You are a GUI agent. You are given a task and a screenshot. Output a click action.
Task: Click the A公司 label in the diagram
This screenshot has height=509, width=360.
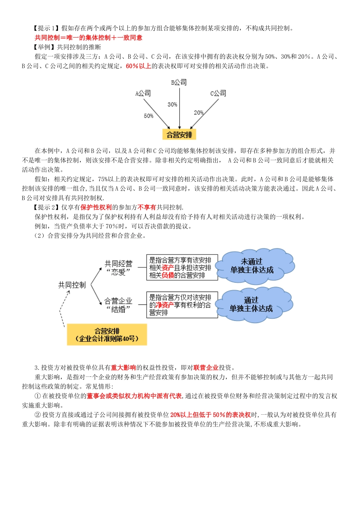tap(143, 93)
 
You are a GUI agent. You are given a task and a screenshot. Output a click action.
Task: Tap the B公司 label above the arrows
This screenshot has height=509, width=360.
tap(179, 82)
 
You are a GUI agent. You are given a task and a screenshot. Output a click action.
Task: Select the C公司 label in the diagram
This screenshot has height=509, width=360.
tap(218, 93)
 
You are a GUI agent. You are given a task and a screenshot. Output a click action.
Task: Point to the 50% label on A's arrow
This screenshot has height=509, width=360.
tap(149, 116)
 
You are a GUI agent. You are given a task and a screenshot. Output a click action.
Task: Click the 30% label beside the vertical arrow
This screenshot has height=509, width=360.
tap(172, 105)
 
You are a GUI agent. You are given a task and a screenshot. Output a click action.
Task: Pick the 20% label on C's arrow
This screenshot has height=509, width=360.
tap(199, 112)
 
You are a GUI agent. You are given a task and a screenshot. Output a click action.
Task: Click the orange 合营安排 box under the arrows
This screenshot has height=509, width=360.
tap(179, 134)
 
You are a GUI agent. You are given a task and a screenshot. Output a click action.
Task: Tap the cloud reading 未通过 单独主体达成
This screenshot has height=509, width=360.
tap(252, 266)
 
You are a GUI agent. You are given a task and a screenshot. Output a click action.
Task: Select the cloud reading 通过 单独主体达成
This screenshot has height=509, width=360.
tap(251, 305)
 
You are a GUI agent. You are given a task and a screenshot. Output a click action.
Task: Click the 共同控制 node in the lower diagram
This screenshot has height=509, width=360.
tap(72, 285)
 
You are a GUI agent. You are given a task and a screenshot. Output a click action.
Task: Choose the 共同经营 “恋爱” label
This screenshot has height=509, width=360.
tap(119, 268)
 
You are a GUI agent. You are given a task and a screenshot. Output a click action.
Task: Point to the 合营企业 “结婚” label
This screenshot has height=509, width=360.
tap(119, 305)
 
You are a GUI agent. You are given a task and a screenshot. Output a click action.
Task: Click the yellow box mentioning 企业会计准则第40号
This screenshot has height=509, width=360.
tap(107, 335)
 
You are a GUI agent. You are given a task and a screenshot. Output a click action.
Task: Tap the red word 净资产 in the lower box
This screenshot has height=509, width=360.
tap(165, 305)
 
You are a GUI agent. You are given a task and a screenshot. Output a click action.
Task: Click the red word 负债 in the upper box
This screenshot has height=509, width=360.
tap(168, 275)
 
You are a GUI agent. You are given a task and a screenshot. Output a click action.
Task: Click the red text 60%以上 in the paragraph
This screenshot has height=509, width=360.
tap(138, 66)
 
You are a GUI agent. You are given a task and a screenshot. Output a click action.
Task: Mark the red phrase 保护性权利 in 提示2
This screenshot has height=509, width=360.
tap(96, 207)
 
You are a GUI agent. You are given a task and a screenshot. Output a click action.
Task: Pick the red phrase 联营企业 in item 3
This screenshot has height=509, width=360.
tap(206, 367)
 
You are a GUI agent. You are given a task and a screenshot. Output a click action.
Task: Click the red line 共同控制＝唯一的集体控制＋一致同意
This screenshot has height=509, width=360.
tap(89, 37)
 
